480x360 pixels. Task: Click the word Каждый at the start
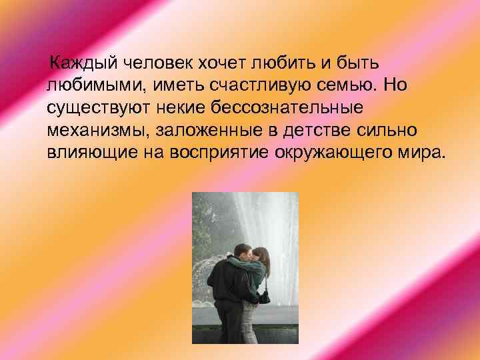(82, 64)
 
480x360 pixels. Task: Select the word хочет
(207, 64)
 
